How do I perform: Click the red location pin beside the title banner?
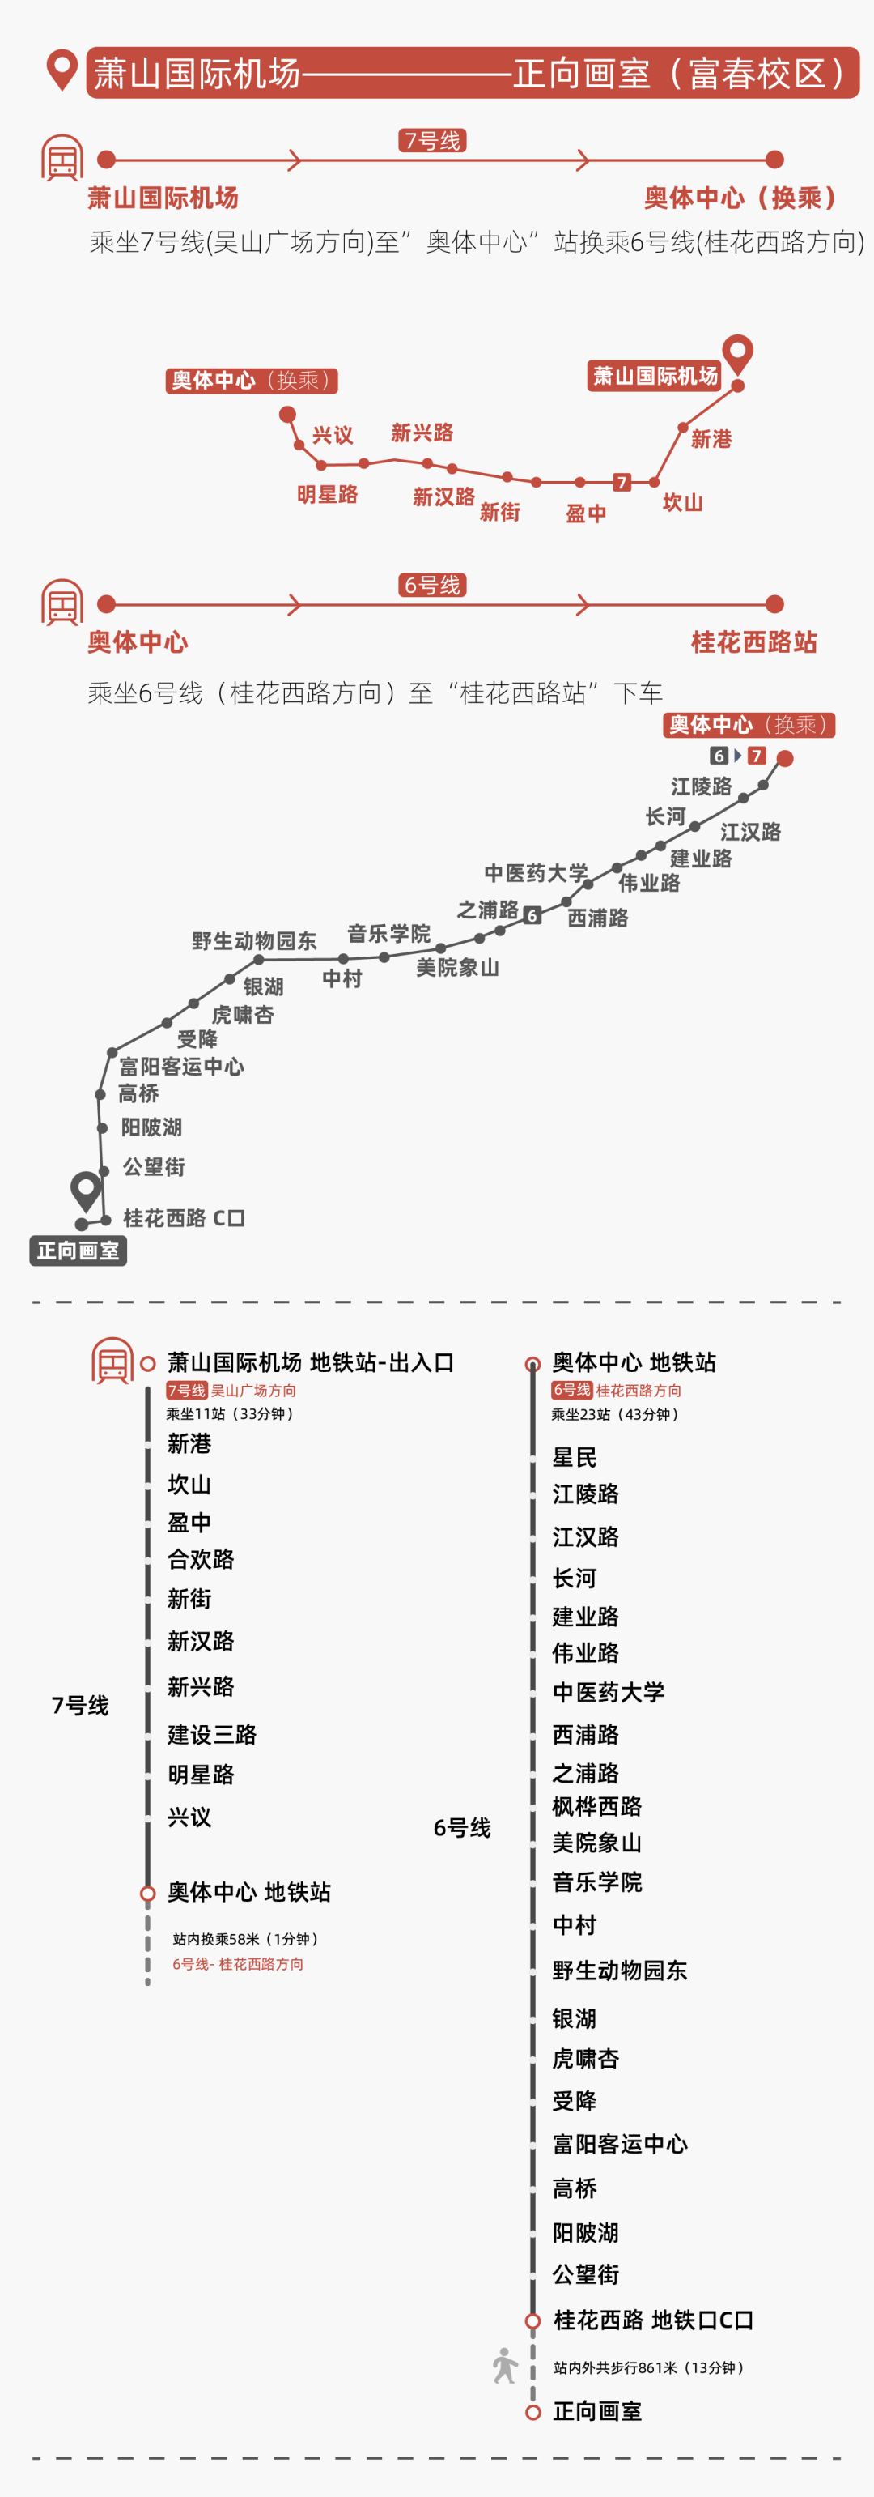pos(62,70)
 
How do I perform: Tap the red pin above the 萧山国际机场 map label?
pos(737,353)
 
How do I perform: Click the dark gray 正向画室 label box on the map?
pos(78,1251)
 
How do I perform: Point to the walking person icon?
pos(504,2365)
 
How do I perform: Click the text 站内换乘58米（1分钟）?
pos(246,1939)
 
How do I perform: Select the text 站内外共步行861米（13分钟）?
pos(648,2367)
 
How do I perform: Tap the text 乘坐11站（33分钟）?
pos(230,1413)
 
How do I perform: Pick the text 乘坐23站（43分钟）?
pos(615,1414)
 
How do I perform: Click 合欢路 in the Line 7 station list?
pos(201,1558)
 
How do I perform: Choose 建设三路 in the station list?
pos(211,1734)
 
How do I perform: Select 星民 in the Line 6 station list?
pos(574,1457)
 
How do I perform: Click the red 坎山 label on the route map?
pos(682,502)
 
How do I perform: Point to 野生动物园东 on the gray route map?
pos(254,940)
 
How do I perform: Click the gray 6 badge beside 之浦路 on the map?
pos(532,915)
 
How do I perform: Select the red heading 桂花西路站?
pos(754,641)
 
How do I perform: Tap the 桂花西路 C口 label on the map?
pos(183,1217)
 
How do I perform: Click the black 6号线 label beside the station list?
pos(461,1827)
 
